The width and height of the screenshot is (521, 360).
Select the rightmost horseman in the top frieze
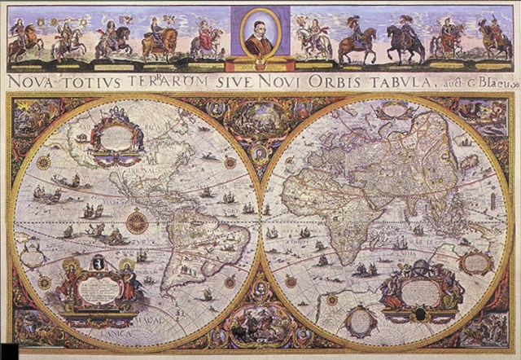[x=494, y=39]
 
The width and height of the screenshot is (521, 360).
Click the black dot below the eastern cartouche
[x=420, y=314]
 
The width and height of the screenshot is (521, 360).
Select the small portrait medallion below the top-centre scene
[x=260, y=152]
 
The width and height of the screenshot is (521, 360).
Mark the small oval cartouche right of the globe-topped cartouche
[x=478, y=261]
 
